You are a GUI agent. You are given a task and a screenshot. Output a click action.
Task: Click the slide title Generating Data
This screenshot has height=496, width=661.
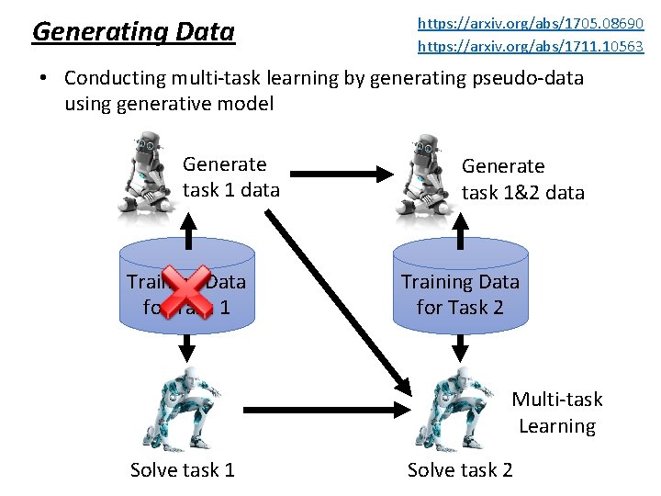click(x=133, y=32)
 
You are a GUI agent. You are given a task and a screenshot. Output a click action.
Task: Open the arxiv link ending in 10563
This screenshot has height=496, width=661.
click(x=531, y=46)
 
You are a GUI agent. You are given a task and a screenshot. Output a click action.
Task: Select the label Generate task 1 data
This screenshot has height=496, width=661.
click(x=230, y=177)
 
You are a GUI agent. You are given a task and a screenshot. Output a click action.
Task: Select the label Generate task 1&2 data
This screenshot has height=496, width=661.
click(x=522, y=179)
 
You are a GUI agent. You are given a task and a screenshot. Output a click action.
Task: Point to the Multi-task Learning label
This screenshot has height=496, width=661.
click(x=556, y=412)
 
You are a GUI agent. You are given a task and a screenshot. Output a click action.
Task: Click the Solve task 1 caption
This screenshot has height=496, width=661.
click(x=183, y=470)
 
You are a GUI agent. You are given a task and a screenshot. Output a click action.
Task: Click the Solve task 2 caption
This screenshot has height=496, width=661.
click(x=460, y=470)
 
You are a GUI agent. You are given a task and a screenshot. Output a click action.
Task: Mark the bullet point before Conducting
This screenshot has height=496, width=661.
click(x=43, y=79)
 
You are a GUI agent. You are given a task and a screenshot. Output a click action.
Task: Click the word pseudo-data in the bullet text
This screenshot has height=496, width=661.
click(x=527, y=78)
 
